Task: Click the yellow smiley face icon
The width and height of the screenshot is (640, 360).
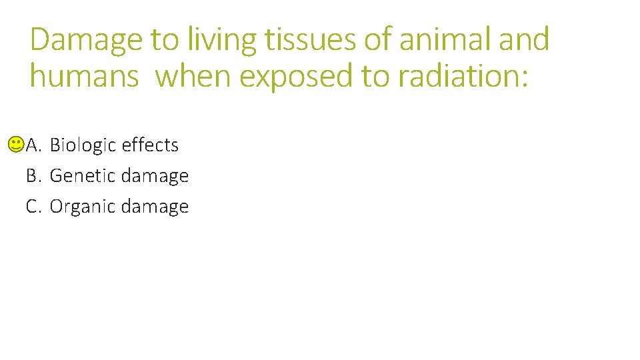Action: [x=17, y=144]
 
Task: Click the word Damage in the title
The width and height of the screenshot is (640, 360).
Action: [x=86, y=40]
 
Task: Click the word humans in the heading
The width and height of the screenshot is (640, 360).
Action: [x=84, y=76]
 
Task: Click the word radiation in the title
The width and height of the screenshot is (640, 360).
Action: [x=463, y=76]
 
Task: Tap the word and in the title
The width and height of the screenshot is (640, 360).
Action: [x=524, y=40]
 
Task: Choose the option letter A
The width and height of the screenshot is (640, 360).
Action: [x=33, y=145]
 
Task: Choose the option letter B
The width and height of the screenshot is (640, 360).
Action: [x=33, y=176]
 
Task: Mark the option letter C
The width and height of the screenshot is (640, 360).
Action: [x=33, y=207]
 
